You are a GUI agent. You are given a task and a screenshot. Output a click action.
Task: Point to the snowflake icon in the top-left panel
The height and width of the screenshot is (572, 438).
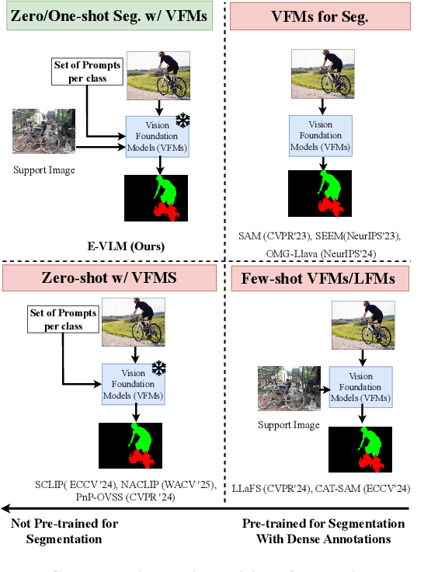click(x=182, y=121)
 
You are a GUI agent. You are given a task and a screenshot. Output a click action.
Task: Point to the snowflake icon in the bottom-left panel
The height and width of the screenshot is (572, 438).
click(x=158, y=367)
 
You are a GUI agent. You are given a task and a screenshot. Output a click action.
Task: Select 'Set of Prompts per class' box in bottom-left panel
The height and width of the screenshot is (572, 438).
click(x=64, y=319)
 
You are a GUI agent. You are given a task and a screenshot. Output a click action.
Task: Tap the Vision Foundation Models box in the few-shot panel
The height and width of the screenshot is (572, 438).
click(x=361, y=387)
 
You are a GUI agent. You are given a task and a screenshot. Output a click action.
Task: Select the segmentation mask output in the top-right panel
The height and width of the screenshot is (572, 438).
click(x=320, y=194)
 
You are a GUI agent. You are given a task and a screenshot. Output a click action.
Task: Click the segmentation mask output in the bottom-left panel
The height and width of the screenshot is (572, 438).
click(x=130, y=445)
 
